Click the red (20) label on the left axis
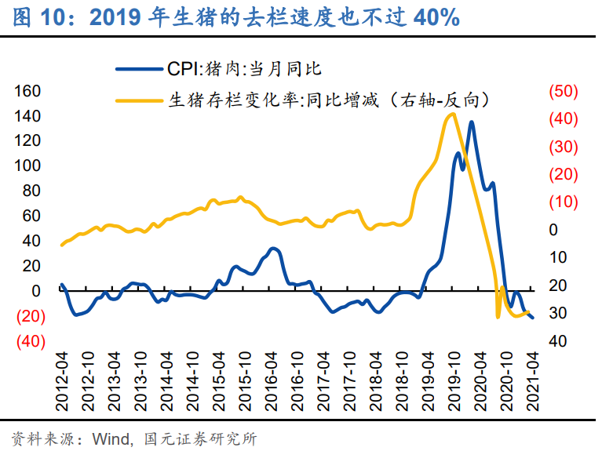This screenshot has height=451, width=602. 31,316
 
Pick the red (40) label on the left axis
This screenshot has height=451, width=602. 31,341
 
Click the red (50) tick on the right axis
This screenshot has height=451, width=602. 563,91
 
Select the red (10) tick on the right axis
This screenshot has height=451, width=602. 563,202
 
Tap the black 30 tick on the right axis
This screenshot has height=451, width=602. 558,313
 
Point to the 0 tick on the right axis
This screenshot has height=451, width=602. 553,230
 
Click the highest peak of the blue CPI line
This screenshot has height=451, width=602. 471,122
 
